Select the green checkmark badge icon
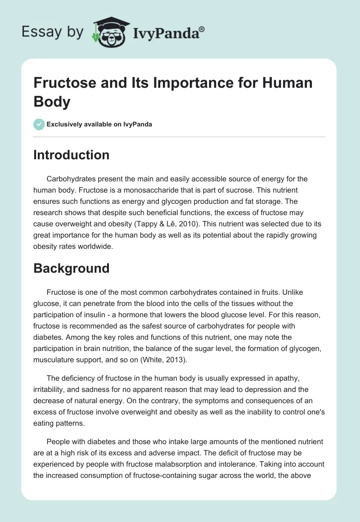39,124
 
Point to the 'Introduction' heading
72,155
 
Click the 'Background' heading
72,268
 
